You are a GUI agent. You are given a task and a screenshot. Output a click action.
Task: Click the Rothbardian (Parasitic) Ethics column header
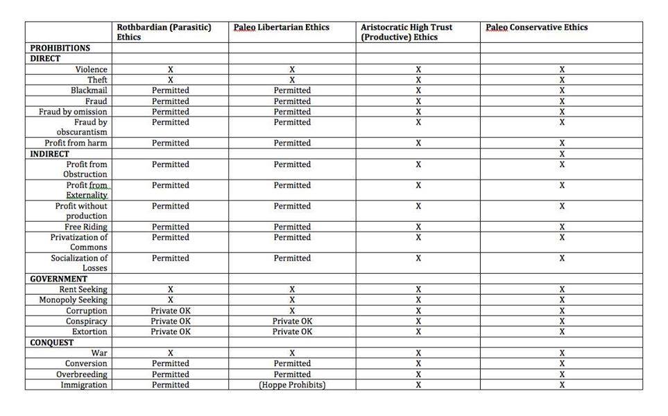pyautogui.click(x=164, y=32)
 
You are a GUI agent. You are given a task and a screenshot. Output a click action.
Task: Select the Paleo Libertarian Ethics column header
pyautogui.click(x=281, y=28)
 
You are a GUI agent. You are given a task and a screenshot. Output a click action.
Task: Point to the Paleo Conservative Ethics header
pyautogui.click(x=536, y=28)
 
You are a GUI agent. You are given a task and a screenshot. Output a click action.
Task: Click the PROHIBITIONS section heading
pyautogui.click(x=60, y=48)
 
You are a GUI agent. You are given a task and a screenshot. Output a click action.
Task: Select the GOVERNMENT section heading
pyautogui.click(x=58, y=279)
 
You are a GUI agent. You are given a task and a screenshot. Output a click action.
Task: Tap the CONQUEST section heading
pyautogui.click(x=52, y=343)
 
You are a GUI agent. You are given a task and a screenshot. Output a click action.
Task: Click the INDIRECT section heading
pyautogui.click(x=49, y=153)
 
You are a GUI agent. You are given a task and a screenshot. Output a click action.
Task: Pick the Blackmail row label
pyautogui.click(x=89, y=91)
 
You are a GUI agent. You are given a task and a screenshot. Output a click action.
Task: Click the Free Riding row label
pyautogui.click(x=86, y=227)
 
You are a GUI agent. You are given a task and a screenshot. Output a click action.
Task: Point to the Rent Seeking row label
pyautogui.click(x=83, y=289)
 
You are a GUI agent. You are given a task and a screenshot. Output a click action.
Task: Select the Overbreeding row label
pyautogui.click(x=82, y=374)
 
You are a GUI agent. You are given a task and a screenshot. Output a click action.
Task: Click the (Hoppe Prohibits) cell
pyautogui.click(x=292, y=385)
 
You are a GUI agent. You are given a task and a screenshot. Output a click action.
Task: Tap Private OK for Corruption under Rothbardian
pyautogui.click(x=171, y=311)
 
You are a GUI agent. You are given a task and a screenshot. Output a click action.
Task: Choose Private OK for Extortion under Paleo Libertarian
pyautogui.click(x=292, y=331)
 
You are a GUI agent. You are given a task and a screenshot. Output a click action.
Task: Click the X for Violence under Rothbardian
pyautogui.click(x=171, y=69)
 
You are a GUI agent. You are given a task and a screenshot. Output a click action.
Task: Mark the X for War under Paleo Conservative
pyautogui.click(x=562, y=353)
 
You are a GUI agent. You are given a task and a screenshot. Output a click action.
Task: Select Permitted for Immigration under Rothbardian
pyautogui.click(x=171, y=385)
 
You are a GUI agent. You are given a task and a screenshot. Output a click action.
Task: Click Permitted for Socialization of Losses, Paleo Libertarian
pyautogui.click(x=292, y=258)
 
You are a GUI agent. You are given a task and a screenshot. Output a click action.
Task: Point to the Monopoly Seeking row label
pyautogui.click(x=74, y=300)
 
